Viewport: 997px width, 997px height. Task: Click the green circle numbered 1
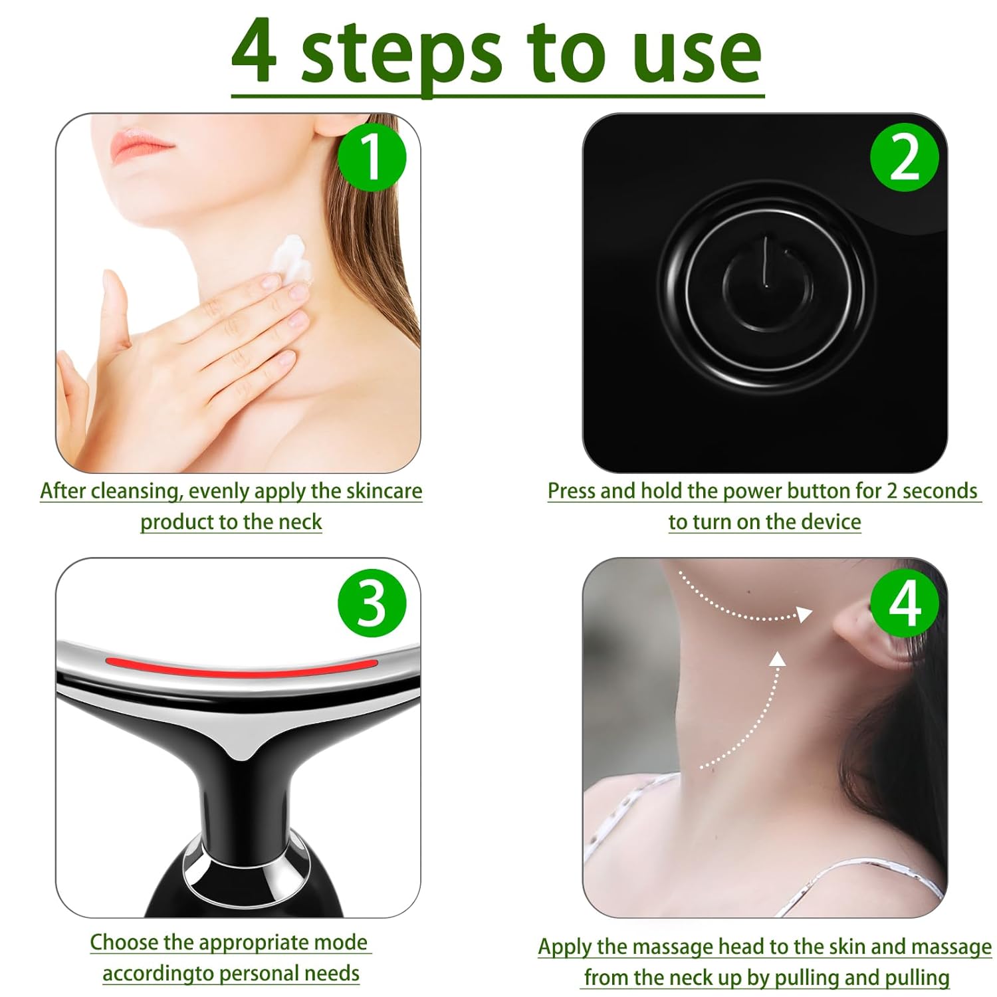(x=372, y=158)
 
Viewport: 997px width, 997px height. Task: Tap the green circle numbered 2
(x=904, y=158)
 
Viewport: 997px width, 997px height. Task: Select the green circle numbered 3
(x=372, y=604)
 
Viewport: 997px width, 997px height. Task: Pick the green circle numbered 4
(x=904, y=604)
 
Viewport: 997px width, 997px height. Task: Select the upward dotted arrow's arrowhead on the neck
(x=778, y=659)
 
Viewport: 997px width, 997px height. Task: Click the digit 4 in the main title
(x=254, y=52)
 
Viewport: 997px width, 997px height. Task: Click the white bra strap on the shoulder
(x=625, y=818)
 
